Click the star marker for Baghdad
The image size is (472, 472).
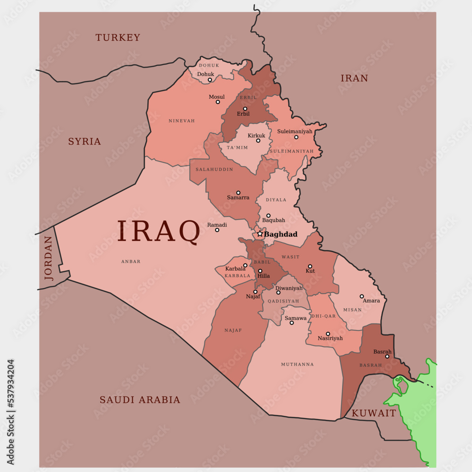(x=260, y=234)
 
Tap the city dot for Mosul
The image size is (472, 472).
(x=218, y=102)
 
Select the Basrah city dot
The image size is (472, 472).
(x=387, y=356)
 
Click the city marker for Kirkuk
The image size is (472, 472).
(x=258, y=140)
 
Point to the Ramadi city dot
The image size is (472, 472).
(x=217, y=230)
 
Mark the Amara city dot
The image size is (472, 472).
(x=362, y=296)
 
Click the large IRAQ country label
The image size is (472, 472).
(x=159, y=232)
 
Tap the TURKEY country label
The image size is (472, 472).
(x=118, y=38)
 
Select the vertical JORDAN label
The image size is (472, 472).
(x=49, y=258)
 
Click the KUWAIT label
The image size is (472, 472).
(x=374, y=413)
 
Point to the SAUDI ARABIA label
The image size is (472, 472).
(x=140, y=400)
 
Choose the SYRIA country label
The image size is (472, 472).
(x=84, y=142)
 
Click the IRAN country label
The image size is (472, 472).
(x=354, y=78)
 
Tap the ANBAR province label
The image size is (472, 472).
(x=131, y=261)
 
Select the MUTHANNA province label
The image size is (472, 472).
(x=297, y=364)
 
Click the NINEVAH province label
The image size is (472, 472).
(x=182, y=121)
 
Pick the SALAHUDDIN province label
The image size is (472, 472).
(x=214, y=169)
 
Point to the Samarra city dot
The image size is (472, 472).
(x=238, y=193)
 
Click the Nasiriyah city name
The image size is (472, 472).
(x=330, y=338)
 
